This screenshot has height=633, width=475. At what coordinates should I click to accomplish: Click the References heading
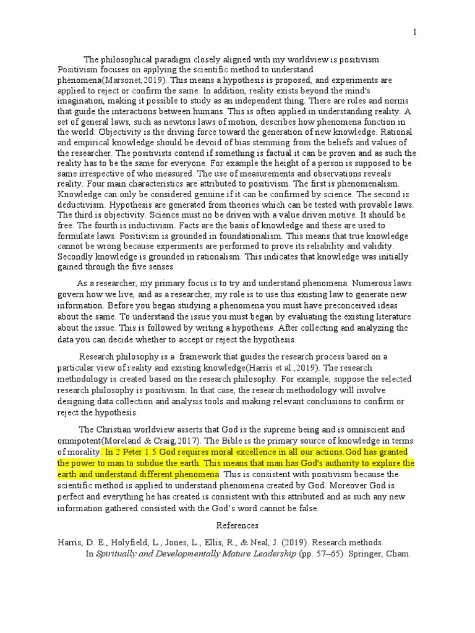tap(237, 525)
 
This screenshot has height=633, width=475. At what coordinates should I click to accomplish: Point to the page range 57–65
tap(332, 554)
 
